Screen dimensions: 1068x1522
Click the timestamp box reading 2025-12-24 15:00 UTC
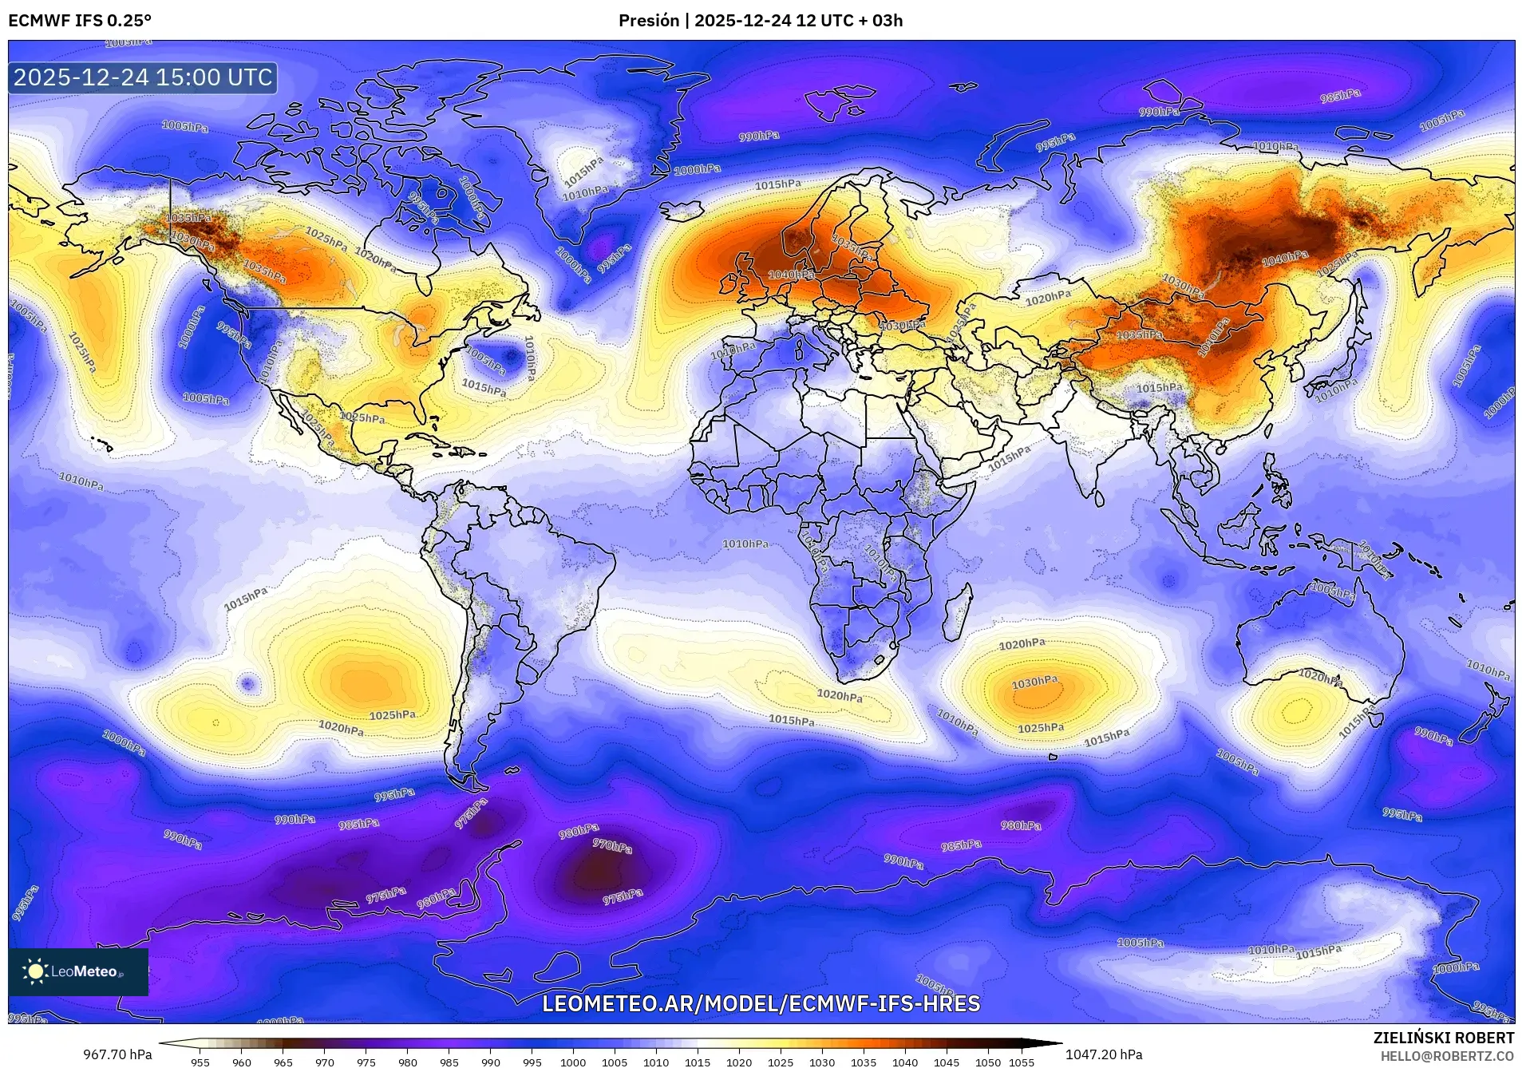143,77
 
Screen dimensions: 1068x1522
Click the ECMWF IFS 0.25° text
80,21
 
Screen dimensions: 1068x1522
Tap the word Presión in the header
648,21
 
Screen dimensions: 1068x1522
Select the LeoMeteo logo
77,971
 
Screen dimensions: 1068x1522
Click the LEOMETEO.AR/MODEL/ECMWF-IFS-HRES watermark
761,1003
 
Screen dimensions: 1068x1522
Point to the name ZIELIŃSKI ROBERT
1443,1038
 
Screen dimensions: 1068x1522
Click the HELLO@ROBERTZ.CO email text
1447,1055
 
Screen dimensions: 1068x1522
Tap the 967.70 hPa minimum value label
117,1054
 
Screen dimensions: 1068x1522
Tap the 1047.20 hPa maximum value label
1103,1054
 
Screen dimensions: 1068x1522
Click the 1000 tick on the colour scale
573,1062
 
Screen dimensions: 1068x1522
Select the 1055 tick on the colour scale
1021,1062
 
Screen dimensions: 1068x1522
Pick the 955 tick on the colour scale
200,1062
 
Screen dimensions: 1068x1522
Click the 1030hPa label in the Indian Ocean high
1034,682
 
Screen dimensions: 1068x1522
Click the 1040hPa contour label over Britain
791,275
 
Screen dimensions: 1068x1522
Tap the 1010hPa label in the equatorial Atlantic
745,544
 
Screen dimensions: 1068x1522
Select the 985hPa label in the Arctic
1340,96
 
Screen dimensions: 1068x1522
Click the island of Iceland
682,210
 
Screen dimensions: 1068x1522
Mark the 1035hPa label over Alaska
188,218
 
